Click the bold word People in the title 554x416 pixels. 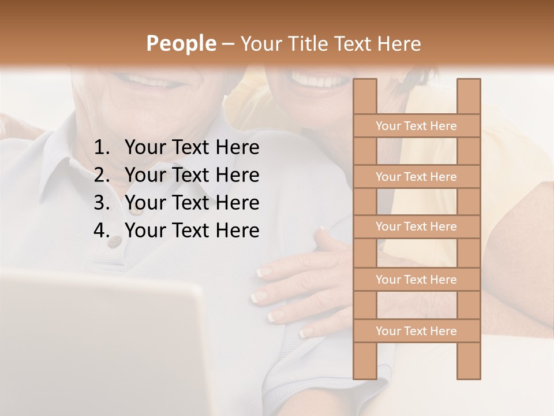181,44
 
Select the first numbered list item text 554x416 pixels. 192,148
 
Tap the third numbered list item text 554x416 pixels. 192,203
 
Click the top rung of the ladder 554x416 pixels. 416,126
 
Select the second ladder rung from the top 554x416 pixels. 416,177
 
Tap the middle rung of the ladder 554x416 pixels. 416,227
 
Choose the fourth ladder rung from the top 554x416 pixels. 416,280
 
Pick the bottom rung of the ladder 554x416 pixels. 416,331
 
